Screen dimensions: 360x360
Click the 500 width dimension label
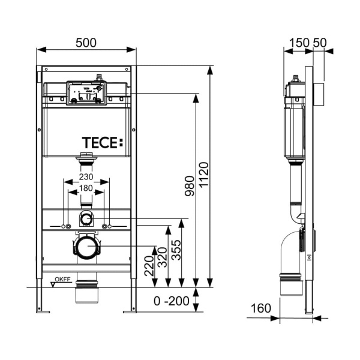click(x=87, y=43)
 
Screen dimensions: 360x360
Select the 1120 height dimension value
click(x=203, y=175)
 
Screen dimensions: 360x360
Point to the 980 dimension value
click(x=190, y=188)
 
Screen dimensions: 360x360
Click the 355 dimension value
click(x=176, y=247)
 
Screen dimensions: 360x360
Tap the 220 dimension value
click(x=148, y=266)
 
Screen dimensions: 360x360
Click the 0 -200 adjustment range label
click(x=170, y=300)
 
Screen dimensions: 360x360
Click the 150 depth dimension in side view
click(x=297, y=43)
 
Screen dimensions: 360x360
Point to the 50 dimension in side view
click(x=319, y=43)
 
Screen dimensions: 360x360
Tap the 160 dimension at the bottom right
click(x=260, y=308)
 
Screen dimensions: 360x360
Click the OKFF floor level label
click(x=62, y=280)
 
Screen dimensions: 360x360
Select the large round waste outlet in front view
click(x=87, y=246)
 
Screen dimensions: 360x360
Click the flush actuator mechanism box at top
click(x=85, y=92)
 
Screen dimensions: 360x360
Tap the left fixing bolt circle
click(x=68, y=226)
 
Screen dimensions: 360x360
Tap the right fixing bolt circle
click(x=105, y=226)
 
